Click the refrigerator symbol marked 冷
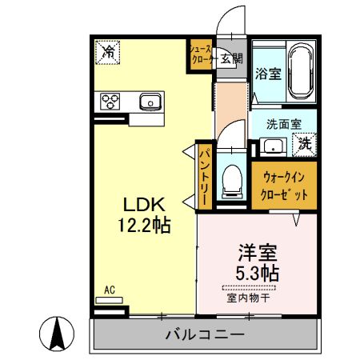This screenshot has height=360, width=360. coord(108,53)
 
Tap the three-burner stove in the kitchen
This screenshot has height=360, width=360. coord(110,101)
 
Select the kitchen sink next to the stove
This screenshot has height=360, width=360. coord(150,101)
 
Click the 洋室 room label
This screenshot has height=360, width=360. coord(257,250)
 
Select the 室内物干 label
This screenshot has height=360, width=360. coord(250,298)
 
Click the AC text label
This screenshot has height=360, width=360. coord(109,290)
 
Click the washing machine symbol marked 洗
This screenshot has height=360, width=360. coord(305,145)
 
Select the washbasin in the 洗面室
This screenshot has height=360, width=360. coord(273,146)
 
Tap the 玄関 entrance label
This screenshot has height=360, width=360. coord(230,58)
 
